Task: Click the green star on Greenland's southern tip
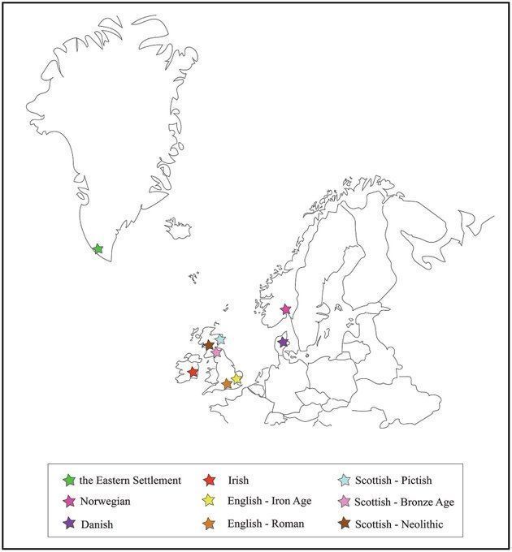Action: point(98,248)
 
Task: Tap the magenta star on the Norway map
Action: point(285,308)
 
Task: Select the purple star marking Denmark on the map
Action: point(283,343)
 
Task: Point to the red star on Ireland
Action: point(193,373)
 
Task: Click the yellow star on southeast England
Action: point(236,379)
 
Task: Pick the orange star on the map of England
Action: point(227,384)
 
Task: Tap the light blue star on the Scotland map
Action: point(220,339)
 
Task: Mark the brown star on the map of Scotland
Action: point(209,345)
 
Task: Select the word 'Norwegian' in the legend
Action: point(106,502)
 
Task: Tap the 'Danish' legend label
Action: point(97,524)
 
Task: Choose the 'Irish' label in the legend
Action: point(238,480)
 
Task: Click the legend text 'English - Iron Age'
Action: point(268,502)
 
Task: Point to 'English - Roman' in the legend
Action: point(265,524)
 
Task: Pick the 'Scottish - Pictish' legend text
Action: point(397,480)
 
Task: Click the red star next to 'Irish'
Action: point(210,480)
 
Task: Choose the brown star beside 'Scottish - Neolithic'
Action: point(345,524)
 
